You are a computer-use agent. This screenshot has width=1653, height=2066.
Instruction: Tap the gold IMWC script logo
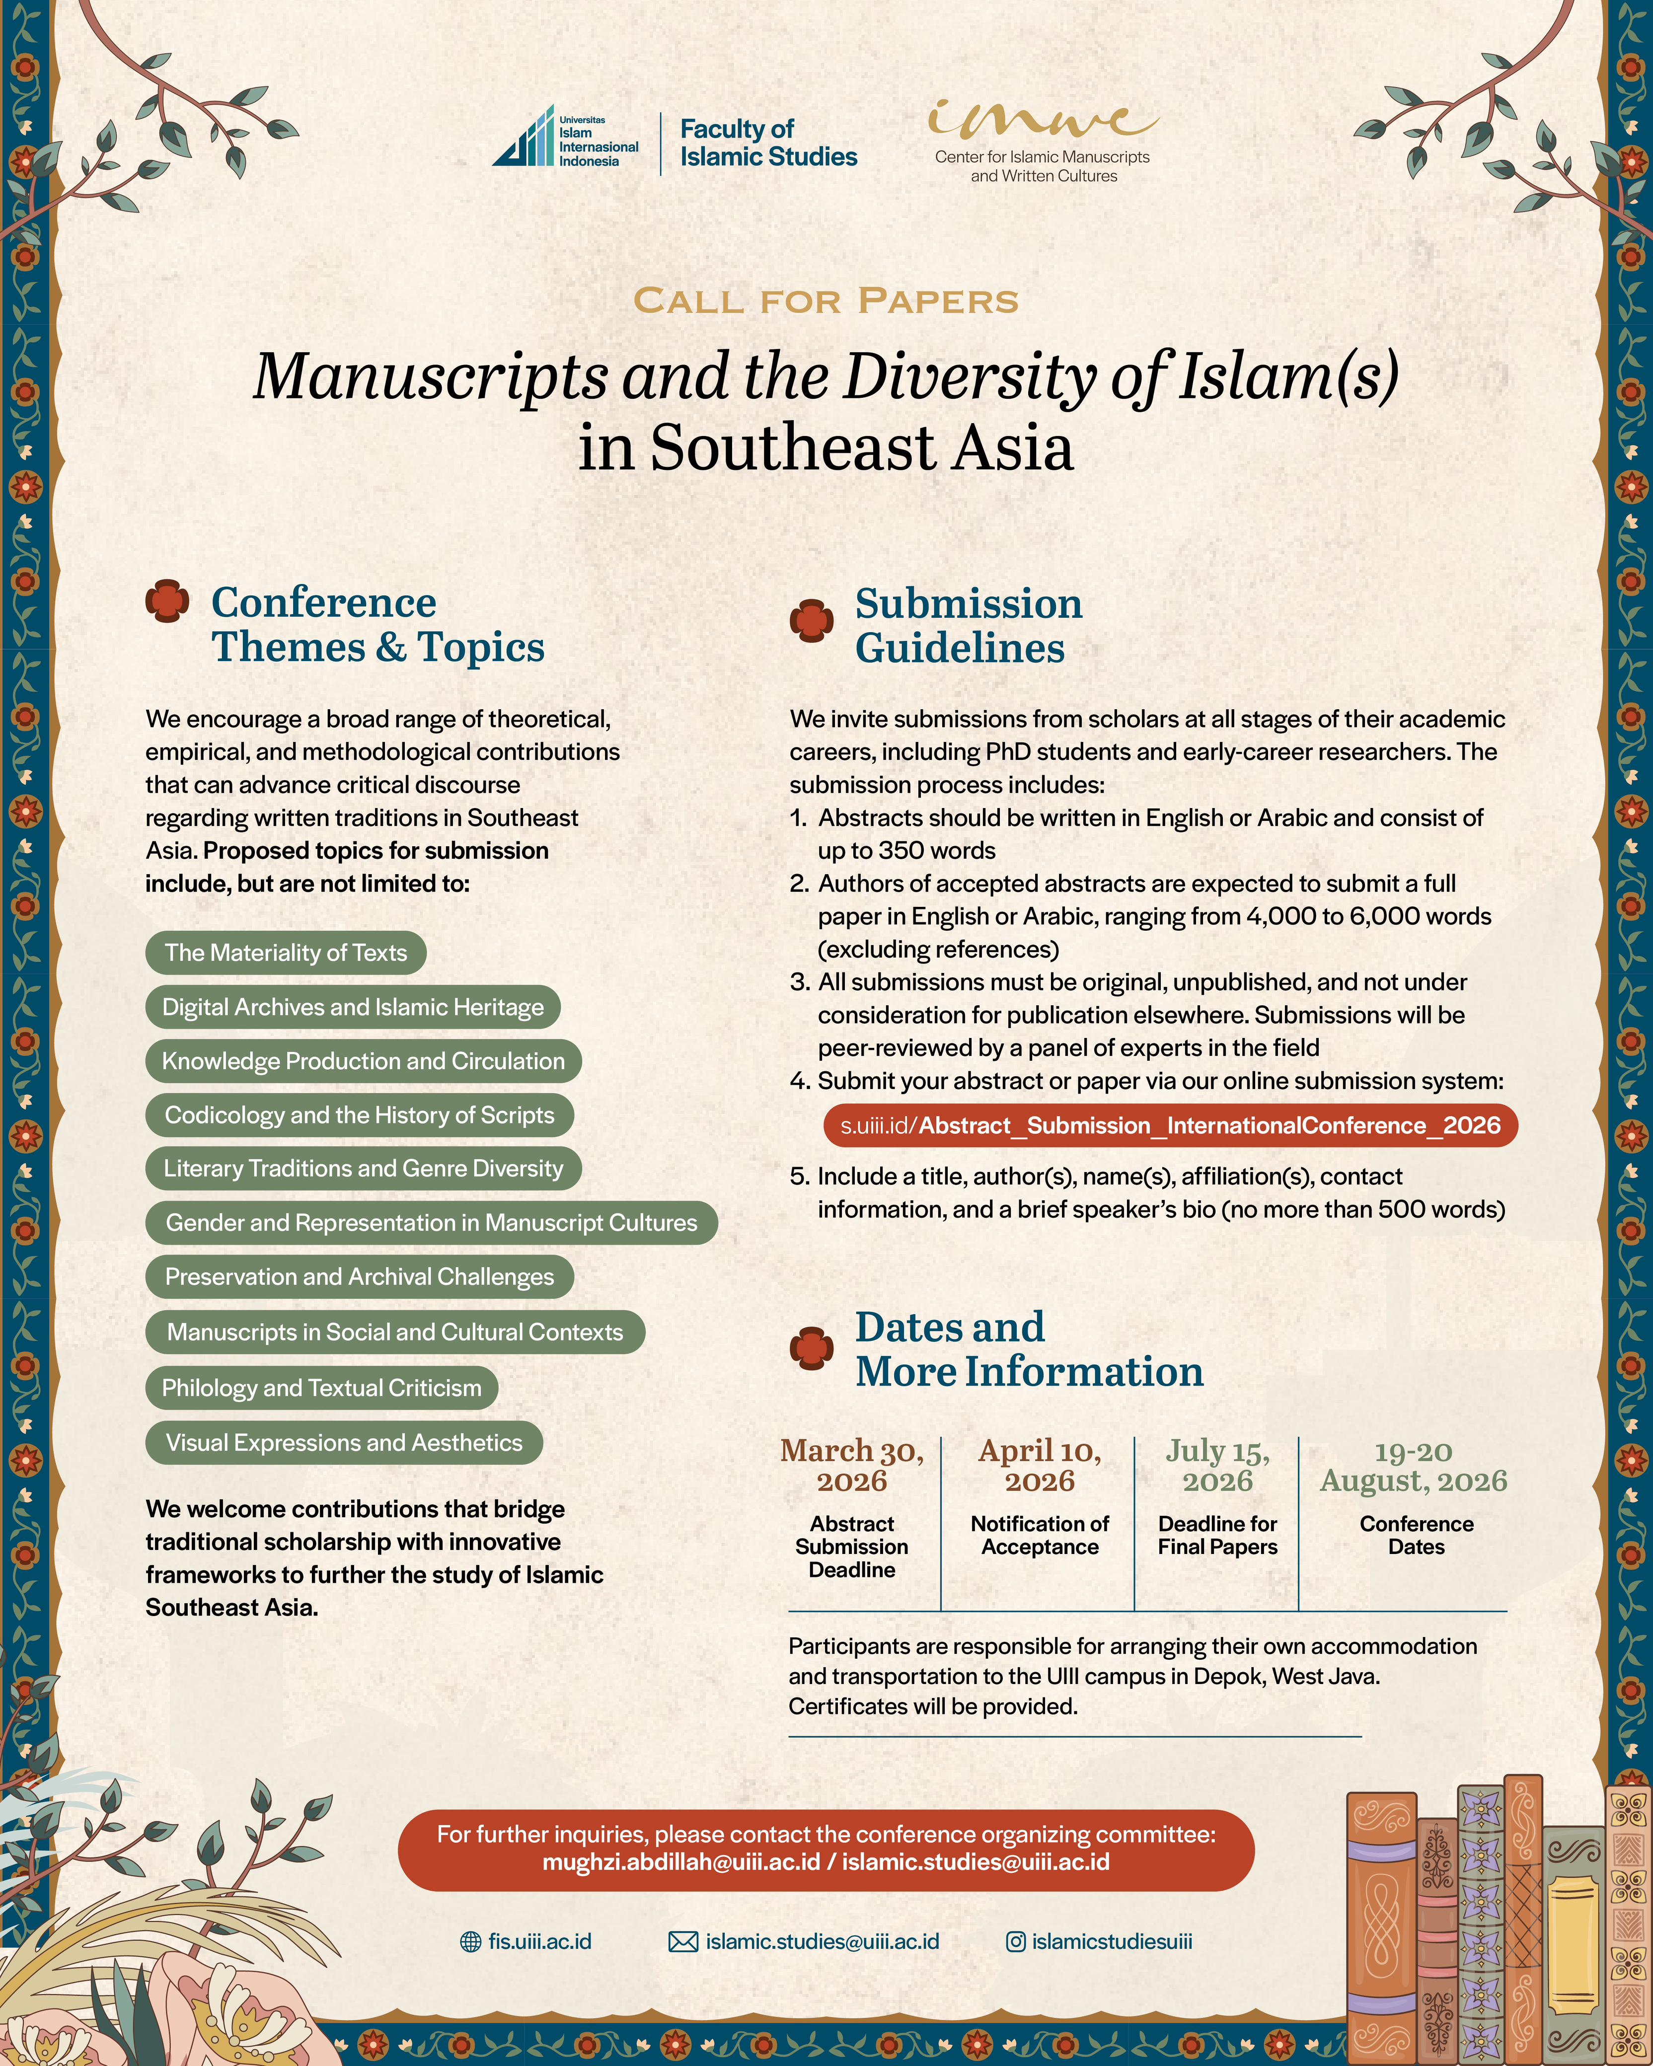[x=1043, y=120]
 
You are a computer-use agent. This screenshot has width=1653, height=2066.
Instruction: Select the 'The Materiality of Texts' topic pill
[x=286, y=953]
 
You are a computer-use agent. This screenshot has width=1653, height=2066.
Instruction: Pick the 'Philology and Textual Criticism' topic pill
[x=322, y=1388]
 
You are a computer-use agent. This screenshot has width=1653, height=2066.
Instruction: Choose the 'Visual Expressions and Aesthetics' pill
[x=344, y=1442]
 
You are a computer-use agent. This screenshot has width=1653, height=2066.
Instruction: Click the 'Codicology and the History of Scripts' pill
[x=359, y=1114]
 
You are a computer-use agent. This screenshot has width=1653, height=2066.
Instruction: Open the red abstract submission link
[x=1170, y=1125]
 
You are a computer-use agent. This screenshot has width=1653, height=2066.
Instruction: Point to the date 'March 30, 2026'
[x=852, y=1465]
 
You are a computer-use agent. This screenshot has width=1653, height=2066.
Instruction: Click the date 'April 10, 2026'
[x=1040, y=1465]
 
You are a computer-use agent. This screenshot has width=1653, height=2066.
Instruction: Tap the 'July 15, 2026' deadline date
[x=1218, y=1465]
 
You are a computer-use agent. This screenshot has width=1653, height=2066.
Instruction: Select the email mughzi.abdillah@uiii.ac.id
[x=681, y=1862]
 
